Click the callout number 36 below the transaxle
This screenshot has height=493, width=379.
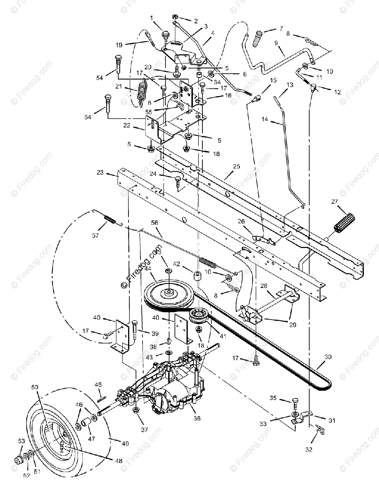point(197,418)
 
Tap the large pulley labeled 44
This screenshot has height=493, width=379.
point(169,293)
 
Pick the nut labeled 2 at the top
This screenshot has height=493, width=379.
point(174,17)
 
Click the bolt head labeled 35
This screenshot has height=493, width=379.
point(295,401)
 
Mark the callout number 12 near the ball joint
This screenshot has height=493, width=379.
point(338,92)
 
